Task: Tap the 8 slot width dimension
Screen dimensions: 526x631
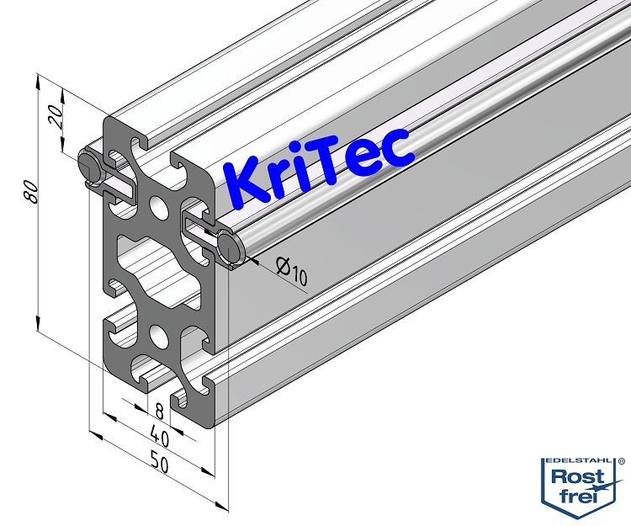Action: tap(158, 411)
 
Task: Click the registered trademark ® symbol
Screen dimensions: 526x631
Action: tap(622, 461)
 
